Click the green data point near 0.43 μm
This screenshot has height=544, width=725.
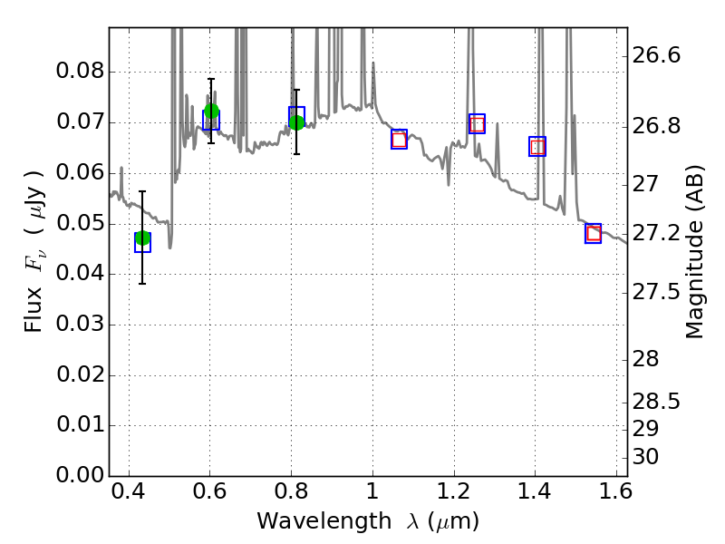[142, 238]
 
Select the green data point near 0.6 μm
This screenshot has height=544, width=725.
[211, 112]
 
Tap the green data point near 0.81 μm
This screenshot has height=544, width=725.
[296, 122]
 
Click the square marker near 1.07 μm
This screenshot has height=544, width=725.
[399, 139]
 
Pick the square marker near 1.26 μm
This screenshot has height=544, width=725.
[477, 124]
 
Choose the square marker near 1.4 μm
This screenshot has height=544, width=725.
[537, 147]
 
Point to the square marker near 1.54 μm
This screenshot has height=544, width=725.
[594, 234]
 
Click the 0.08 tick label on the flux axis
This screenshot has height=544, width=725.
[81, 72]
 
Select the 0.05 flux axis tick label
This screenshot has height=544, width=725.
[81, 224]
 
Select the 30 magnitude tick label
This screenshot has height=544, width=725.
[646, 456]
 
